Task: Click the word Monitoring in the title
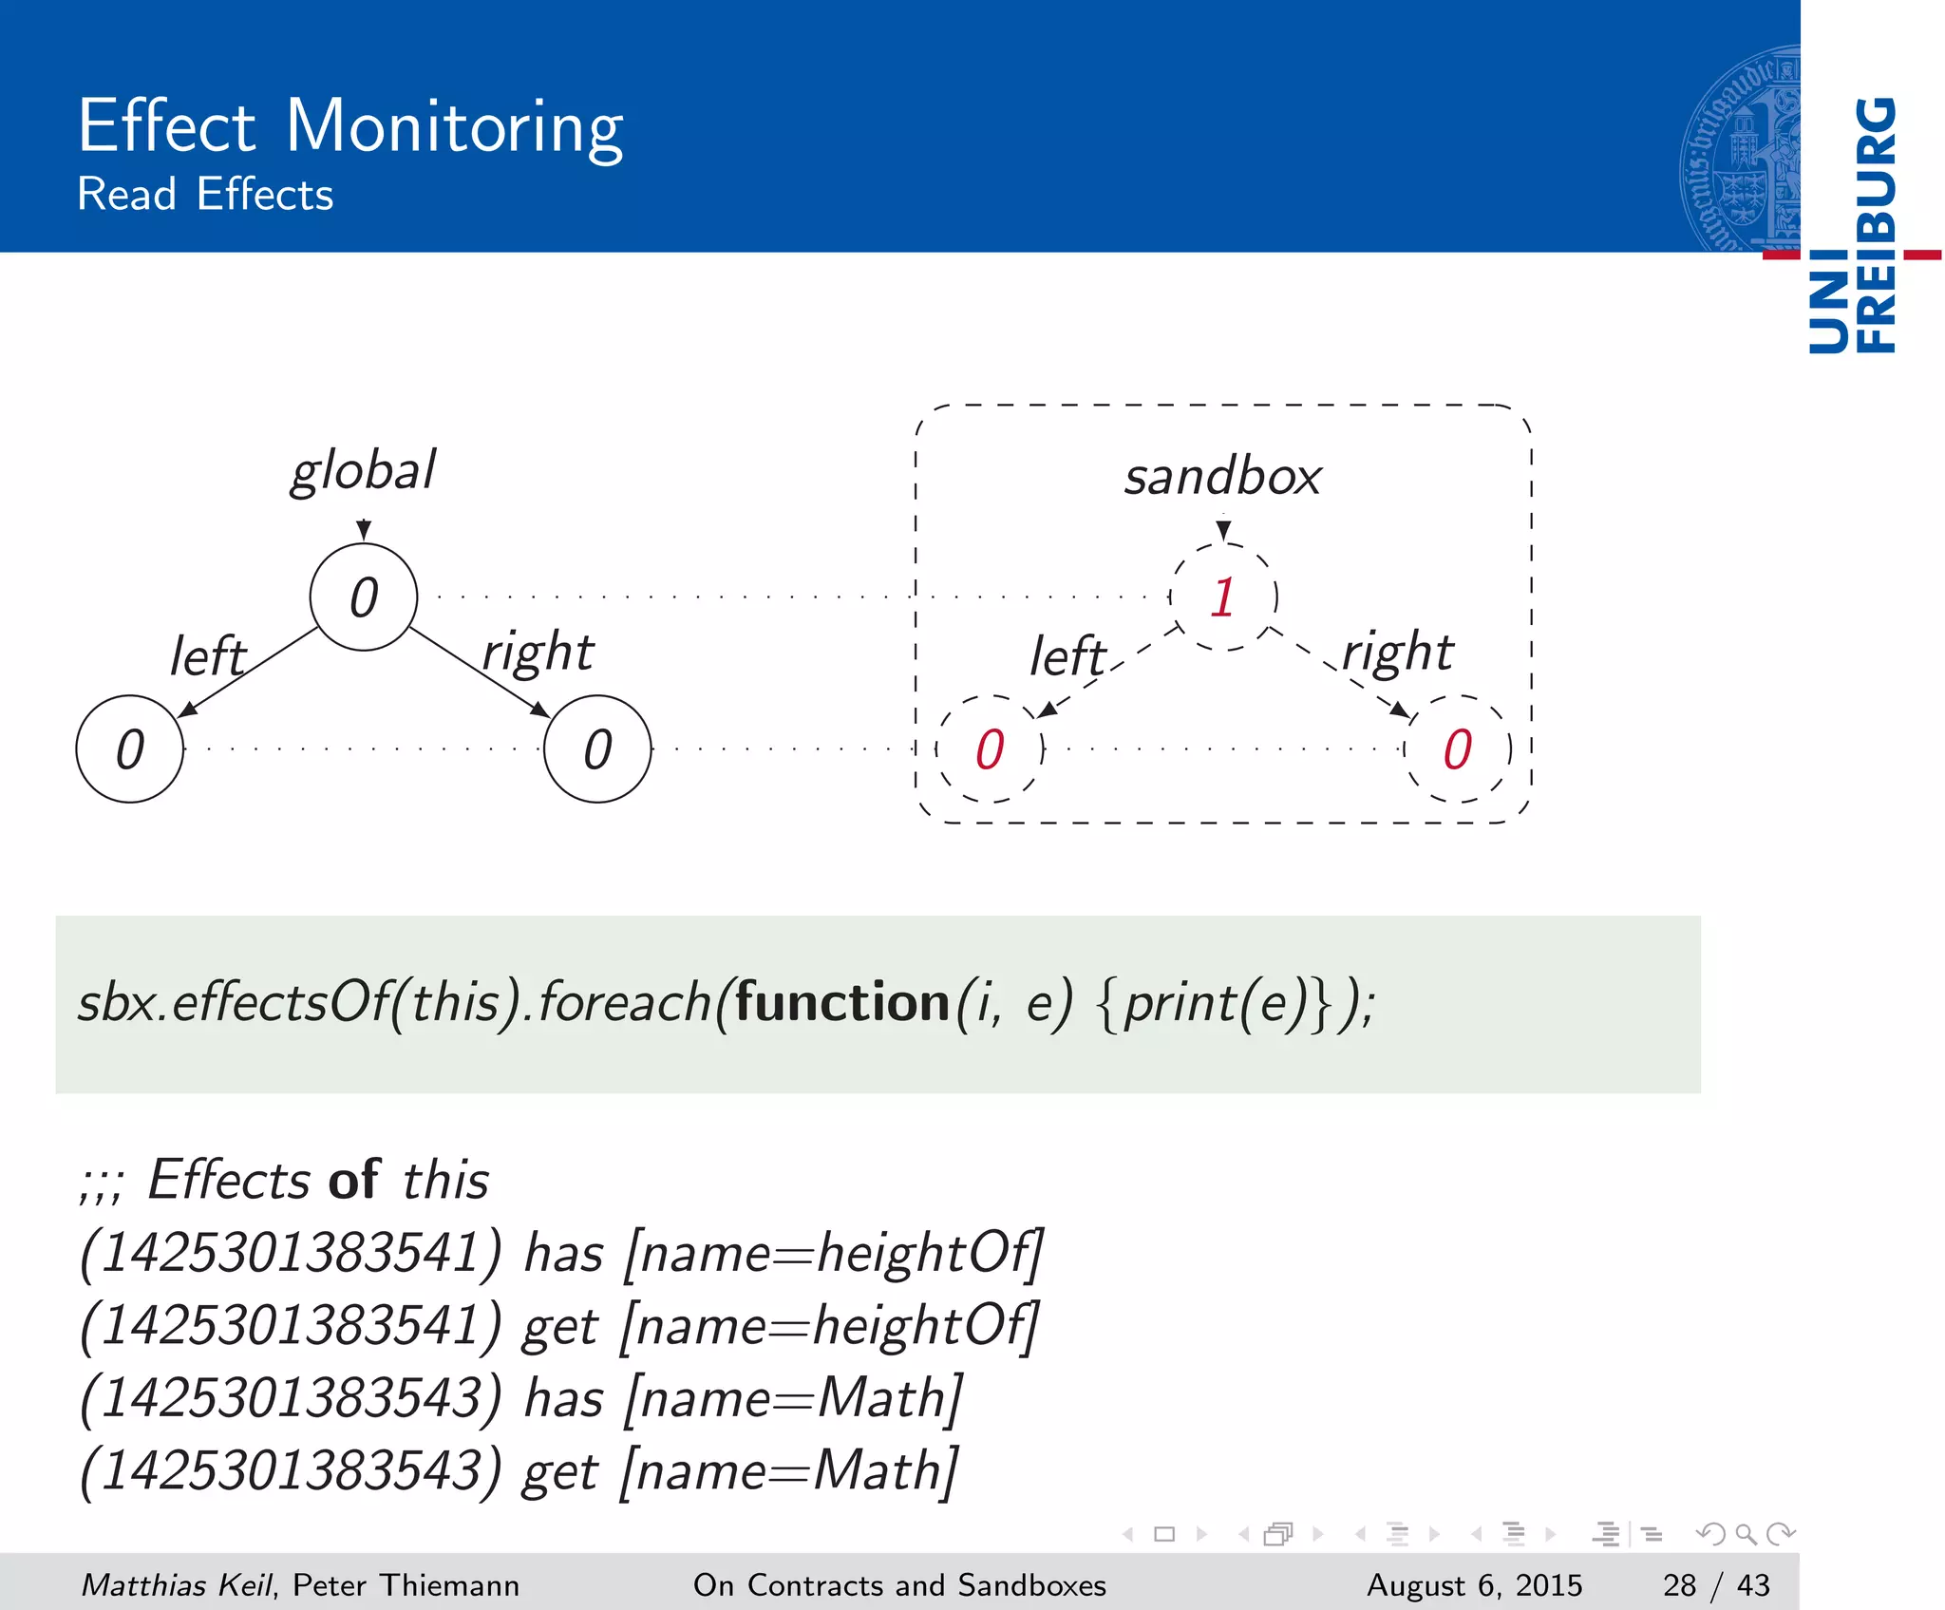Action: (454, 127)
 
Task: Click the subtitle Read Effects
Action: (205, 195)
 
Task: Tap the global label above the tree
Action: (363, 470)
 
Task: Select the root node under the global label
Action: (364, 597)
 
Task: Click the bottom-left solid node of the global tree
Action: (129, 749)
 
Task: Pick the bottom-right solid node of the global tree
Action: (597, 749)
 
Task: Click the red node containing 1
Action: (1223, 597)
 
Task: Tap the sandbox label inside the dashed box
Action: (1222, 476)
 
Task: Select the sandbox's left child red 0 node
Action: (990, 749)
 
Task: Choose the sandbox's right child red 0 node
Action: (1457, 749)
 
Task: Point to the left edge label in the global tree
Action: (207, 656)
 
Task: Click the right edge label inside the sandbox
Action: (1397, 653)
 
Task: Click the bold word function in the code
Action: (842, 1003)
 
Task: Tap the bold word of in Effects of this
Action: (354, 1180)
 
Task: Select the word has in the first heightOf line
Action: (564, 1253)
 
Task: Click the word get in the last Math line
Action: (560, 1471)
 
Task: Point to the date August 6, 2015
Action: (1474, 1585)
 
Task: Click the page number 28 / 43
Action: (1716, 1585)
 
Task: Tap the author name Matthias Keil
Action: (177, 1585)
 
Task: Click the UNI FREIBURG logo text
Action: (1852, 225)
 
